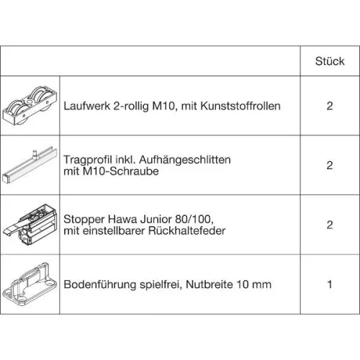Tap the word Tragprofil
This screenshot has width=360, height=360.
pyautogui.click(x=88, y=159)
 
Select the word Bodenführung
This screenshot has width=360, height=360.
pyautogui.click(x=104, y=284)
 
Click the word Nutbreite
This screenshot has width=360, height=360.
pyautogui.click(x=218, y=284)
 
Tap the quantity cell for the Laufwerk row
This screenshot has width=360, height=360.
pyautogui.click(x=329, y=106)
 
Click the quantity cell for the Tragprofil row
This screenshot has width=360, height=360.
pyautogui.click(x=329, y=166)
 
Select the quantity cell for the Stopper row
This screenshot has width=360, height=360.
pyautogui.click(x=329, y=225)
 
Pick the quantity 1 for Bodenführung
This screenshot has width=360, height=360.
pyautogui.click(x=329, y=284)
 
